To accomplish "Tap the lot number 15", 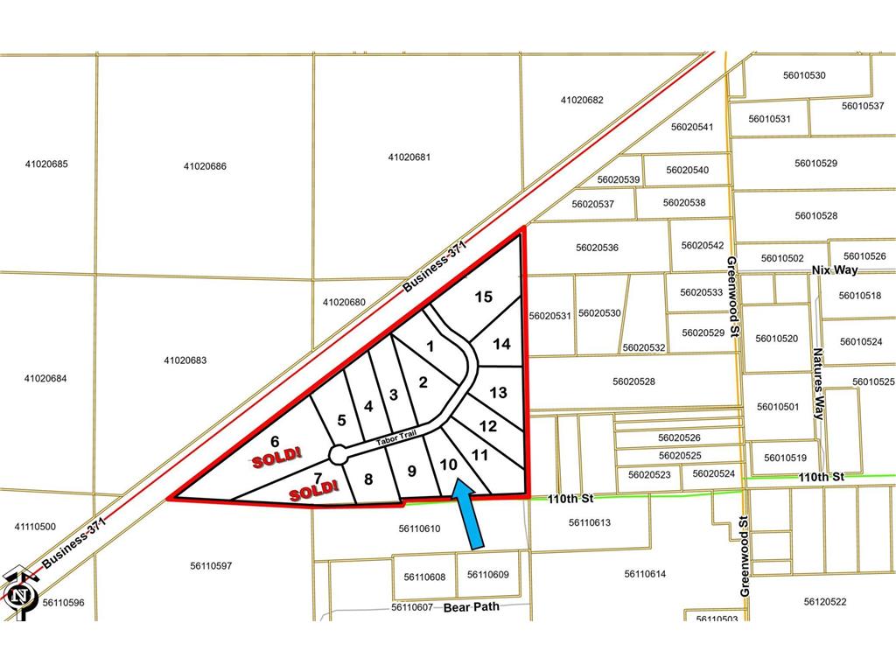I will (x=483, y=297).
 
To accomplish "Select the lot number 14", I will (x=501, y=344).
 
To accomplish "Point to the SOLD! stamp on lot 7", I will (x=314, y=490).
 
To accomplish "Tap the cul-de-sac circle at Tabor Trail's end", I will (x=338, y=454).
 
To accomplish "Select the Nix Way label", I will (x=835, y=269).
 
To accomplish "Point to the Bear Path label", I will (x=472, y=606).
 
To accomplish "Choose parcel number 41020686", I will (x=206, y=165).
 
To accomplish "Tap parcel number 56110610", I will (x=419, y=528).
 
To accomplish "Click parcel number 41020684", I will (x=46, y=378).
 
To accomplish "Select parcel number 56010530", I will (x=804, y=75).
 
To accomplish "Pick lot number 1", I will (x=430, y=346).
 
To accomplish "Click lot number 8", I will (x=368, y=479).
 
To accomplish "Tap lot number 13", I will (x=498, y=393).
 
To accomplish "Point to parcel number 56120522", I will (x=825, y=601).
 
